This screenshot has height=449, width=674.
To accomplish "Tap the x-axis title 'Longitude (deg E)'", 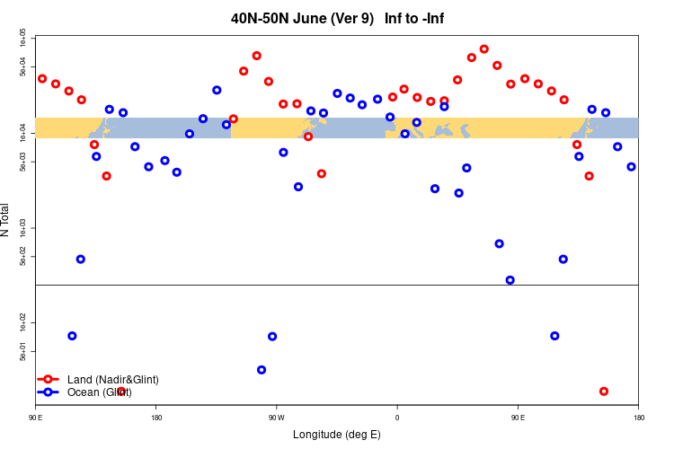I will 337,435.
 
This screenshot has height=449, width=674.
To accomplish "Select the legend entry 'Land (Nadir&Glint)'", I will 112,380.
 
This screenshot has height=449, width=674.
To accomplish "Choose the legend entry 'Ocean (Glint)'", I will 99,392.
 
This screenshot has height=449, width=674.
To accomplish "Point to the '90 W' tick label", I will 276,418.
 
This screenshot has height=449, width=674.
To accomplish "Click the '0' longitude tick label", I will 396,418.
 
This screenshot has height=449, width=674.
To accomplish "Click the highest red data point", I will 484,49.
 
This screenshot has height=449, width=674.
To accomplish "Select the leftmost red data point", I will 42,79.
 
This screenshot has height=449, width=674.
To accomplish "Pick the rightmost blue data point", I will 632,167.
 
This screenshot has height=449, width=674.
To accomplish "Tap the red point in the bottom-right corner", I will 604,392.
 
